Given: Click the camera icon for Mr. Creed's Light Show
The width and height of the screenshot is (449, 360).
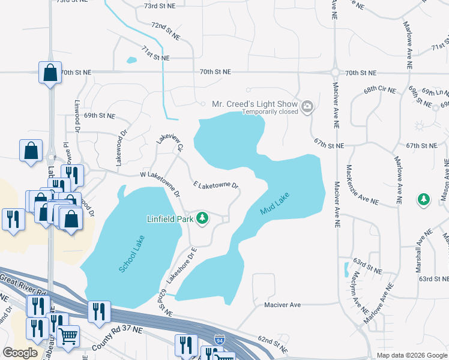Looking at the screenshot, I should [308, 107].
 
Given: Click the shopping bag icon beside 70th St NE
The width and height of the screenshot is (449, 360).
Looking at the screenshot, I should [50, 73].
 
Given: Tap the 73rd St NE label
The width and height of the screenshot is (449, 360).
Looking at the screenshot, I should [158, 6].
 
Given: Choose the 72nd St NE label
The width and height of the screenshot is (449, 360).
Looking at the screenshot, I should [165, 31].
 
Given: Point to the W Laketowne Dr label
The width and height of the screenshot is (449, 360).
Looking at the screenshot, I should [160, 184].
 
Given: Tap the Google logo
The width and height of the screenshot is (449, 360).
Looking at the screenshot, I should [20, 353].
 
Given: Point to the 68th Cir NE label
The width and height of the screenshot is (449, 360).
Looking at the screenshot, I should [380, 91].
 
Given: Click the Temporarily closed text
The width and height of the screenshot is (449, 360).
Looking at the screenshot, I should [271, 112].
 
